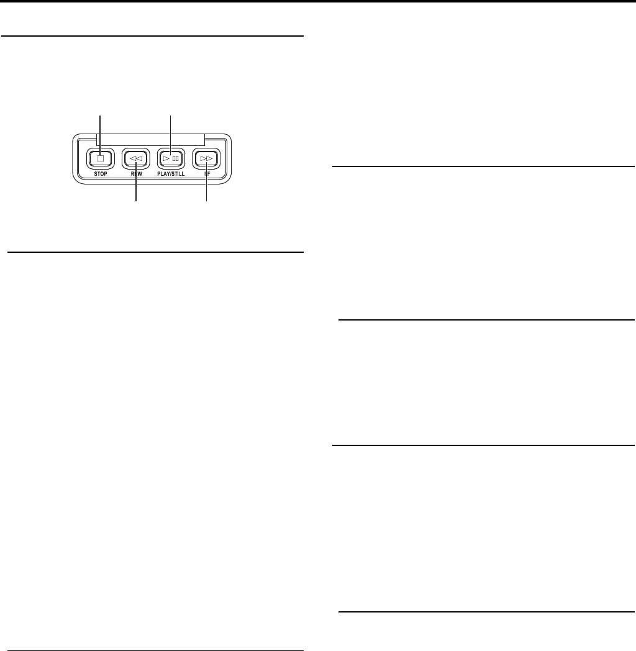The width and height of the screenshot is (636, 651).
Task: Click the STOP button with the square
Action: point(100,158)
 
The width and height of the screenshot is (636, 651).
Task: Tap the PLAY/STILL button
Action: point(171,158)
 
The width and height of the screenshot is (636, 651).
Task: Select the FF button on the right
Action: point(206,158)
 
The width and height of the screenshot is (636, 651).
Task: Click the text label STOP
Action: point(100,175)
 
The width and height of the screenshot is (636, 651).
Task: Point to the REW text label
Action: point(136,175)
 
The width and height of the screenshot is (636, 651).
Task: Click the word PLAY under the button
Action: point(163,175)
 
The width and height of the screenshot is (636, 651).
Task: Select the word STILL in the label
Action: point(179,175)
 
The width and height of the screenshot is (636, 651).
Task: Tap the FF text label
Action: point(206,175)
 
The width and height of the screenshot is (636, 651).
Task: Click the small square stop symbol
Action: point(100,158)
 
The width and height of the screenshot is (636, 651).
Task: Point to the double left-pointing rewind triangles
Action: point(135,158)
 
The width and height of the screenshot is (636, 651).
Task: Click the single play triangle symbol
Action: point(166,158)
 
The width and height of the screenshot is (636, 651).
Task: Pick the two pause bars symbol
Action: point(176,158)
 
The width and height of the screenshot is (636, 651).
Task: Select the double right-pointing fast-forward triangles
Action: point(206,158)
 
